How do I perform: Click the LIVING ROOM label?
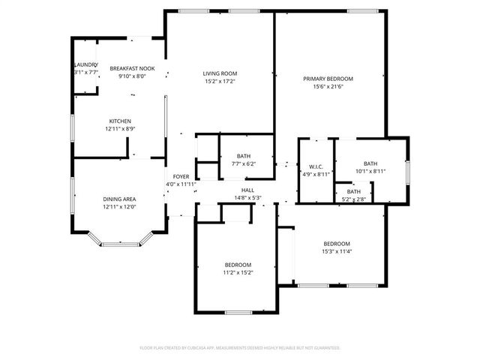pos(220,73)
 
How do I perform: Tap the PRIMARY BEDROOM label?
pos(328,79)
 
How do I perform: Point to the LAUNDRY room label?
pos(85,64)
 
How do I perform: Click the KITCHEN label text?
pos(121,121)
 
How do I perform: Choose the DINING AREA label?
pos(120,199)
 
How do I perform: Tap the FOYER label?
pos(181,176)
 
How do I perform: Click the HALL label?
pos(247,190)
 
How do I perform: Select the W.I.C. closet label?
pos(315,166)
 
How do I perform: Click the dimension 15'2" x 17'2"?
pos(220,81)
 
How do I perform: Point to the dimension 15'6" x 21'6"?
pos(328,86)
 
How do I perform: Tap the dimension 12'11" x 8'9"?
pos(121,129)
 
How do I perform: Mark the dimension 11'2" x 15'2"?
pos(238,272)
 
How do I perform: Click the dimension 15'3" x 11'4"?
pos(337,251)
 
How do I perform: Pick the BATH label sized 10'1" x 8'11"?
pos(370,164)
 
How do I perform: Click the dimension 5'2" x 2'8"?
pos(353,199)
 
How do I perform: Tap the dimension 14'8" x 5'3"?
pos(247,198)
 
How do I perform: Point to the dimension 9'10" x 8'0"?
pos(132,75)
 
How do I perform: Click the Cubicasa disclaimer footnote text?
pos(240,348)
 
